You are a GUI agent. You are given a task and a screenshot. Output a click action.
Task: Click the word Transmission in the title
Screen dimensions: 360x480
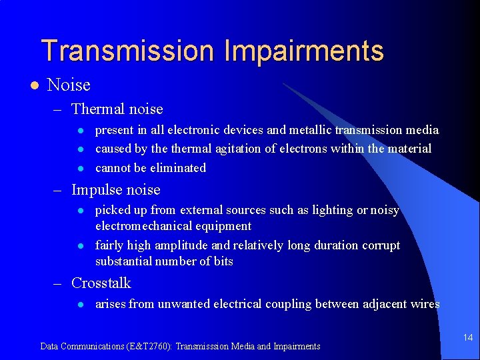126,51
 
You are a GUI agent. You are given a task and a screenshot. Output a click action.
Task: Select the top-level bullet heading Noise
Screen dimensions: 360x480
69,85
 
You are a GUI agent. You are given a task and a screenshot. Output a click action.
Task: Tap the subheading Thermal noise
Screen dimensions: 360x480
117,109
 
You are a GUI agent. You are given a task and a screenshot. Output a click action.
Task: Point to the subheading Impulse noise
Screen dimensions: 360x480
115,189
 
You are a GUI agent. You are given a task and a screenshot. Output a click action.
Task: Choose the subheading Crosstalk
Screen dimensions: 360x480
101,283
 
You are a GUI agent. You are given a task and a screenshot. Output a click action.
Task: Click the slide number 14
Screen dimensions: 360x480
468,338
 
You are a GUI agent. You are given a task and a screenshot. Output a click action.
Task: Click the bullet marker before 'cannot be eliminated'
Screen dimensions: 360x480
79,168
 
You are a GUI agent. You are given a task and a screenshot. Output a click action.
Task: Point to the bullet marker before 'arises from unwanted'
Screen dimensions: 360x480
79,305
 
